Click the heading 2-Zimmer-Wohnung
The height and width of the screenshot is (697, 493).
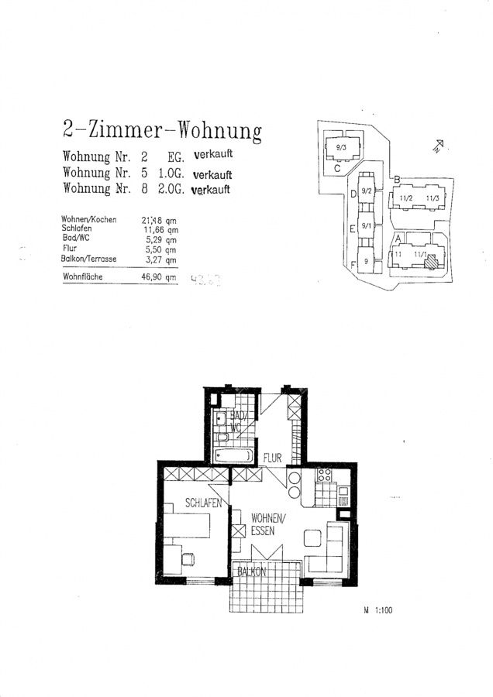pyautogui.click(x=160, y=129)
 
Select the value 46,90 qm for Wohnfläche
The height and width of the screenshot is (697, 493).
pyautogui.click(x=159, y=276)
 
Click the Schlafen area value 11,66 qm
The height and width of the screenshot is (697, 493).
pyautogui.click(x=160, y=230)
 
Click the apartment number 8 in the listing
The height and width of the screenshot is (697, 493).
pyautogui.click(x=145, y=189)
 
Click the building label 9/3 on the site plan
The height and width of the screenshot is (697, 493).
pyautogui.click(x=340, y=146)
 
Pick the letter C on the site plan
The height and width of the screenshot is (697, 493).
pyautogui.click(x=337, y=167)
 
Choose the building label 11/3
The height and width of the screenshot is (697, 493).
pyautogui.click(x=432, y=198)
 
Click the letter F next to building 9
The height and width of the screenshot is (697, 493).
pyautogui.click(x=353, y=265)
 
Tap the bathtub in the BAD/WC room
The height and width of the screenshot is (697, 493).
pyautogui.click(x=233, y=455)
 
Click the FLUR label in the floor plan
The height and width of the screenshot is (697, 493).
pyautogui.click(x=271, y=457)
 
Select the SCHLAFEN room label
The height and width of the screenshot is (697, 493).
pyautogui.click(x=204, y=503)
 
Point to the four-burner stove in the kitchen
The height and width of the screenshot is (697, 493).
pyautogui.click(x=326, y=476)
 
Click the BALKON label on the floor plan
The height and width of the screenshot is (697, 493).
pyautogui.click(x=252, y=572)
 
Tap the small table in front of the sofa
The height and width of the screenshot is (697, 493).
pyautogui.click(x=312, y=537)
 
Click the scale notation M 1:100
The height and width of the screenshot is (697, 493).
pyautogui.click(x=378, y=610)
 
